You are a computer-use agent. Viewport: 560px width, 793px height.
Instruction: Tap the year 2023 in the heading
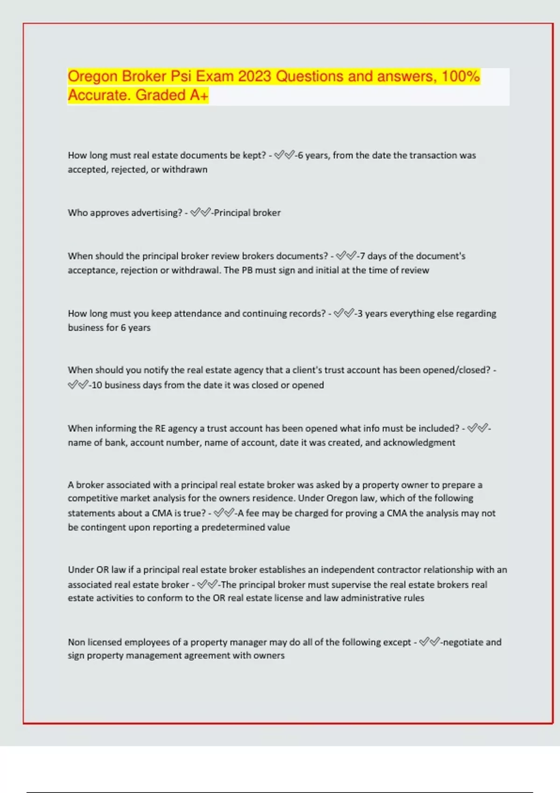pyautogui.click(x=254, y=77)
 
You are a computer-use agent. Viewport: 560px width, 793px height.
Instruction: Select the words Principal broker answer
pyautogui.click(x=247, y=213)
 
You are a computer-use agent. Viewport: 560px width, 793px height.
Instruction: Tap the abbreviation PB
pyautogui.click(x=247, y=270)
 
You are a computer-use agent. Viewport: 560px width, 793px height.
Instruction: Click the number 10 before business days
pyautogui.click(x=97, y=385)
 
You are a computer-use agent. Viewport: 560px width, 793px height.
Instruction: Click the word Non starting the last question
pyautogui.click(x=77, y=642)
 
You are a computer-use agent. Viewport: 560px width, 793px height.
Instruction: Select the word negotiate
pyautogui.click(x=462, y=642)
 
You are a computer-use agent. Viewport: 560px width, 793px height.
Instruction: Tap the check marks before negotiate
pyautogui.click(x=429, y=642)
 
